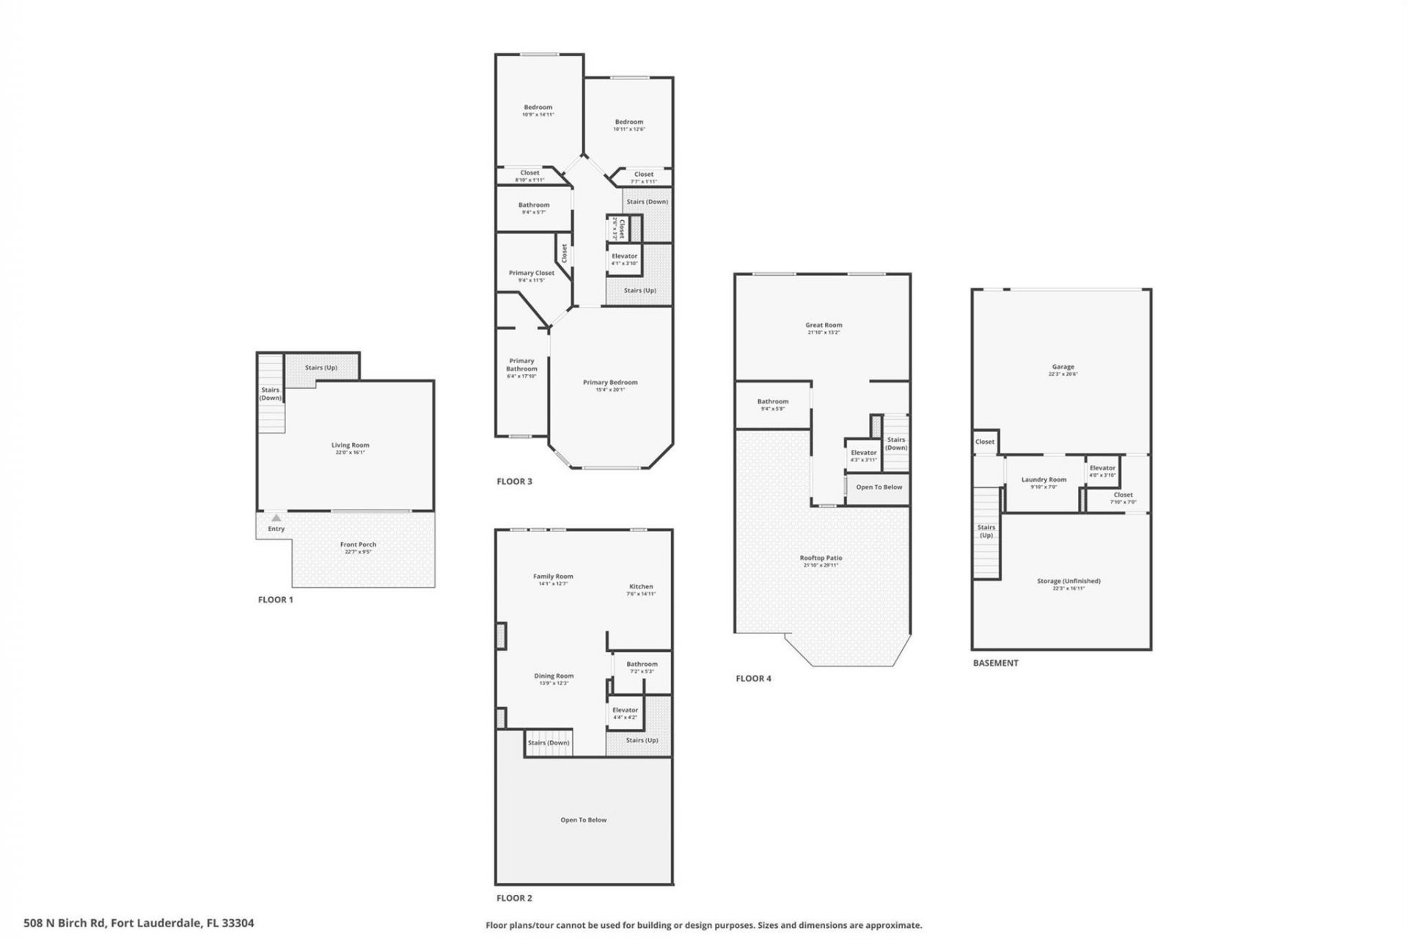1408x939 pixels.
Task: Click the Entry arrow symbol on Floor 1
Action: point(276,518)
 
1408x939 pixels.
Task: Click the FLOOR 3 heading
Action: point(514,481)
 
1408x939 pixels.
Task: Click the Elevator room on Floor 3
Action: point(625,260)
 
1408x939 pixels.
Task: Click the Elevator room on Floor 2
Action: point(625,713)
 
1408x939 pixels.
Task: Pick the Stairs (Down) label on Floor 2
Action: point(549,742)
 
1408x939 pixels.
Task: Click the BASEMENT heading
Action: point(995,662)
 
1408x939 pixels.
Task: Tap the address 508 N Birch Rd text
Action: point(139,923)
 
